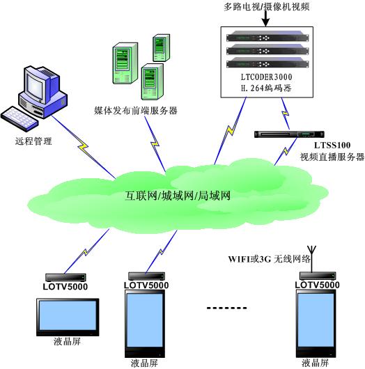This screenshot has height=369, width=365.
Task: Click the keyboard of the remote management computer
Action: tap(20, 119)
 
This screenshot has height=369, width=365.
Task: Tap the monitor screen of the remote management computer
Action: tap(35, 86)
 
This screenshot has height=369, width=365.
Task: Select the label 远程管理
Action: tap(33, 141)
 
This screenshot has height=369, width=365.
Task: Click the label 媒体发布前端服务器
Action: tap(136, 110)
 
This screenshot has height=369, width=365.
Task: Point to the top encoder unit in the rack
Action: tap(267, 37)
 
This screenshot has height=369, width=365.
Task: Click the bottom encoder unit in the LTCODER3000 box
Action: tap(267, 63)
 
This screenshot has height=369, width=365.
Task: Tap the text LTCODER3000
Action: tap(266, 77)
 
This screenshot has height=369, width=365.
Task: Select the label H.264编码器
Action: tap(266, 88)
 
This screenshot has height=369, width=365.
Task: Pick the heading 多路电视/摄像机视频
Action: tap(266, 6)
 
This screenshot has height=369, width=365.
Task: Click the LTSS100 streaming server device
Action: tap(289, 134)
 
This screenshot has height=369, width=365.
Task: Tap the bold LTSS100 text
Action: tap(332, 145)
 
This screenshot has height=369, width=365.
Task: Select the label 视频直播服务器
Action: tap(332, 157)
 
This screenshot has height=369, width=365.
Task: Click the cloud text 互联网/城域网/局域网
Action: tap(178, 196)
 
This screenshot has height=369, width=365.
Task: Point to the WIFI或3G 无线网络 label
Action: tap(269, 259)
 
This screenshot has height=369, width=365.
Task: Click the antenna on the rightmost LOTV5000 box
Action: tap(311, 259)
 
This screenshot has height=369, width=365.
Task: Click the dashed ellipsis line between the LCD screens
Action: tap(227, 308)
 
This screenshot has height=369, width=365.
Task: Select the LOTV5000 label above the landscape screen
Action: tap(65, 287)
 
